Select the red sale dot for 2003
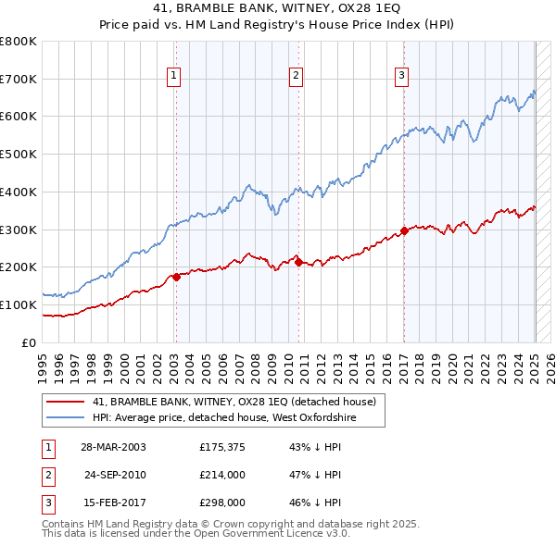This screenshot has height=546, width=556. click(176, 276)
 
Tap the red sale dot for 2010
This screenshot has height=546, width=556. click(299, 262)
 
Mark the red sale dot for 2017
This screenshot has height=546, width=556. click(404, 230)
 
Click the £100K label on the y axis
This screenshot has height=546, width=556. click(19, 305)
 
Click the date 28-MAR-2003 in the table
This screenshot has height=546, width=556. click(114, 447)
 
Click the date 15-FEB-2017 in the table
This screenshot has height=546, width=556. click(114, 503)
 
